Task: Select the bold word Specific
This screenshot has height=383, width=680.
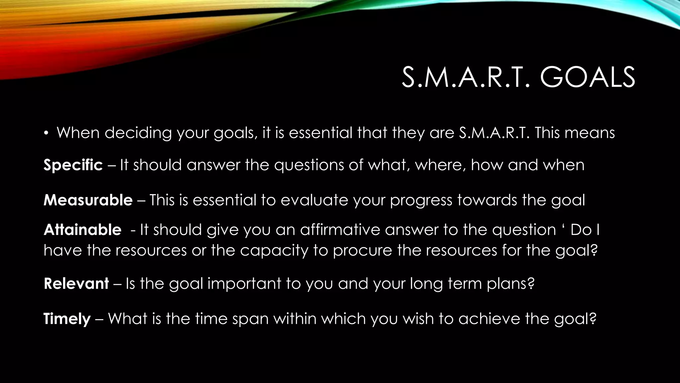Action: pos(73,165)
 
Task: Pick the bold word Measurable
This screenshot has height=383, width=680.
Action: pos(88,200)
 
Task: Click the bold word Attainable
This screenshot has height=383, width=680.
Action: pos(82,230)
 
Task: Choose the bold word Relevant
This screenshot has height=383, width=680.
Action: pos(76,284)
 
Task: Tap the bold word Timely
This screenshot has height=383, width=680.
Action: pos(67,319)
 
